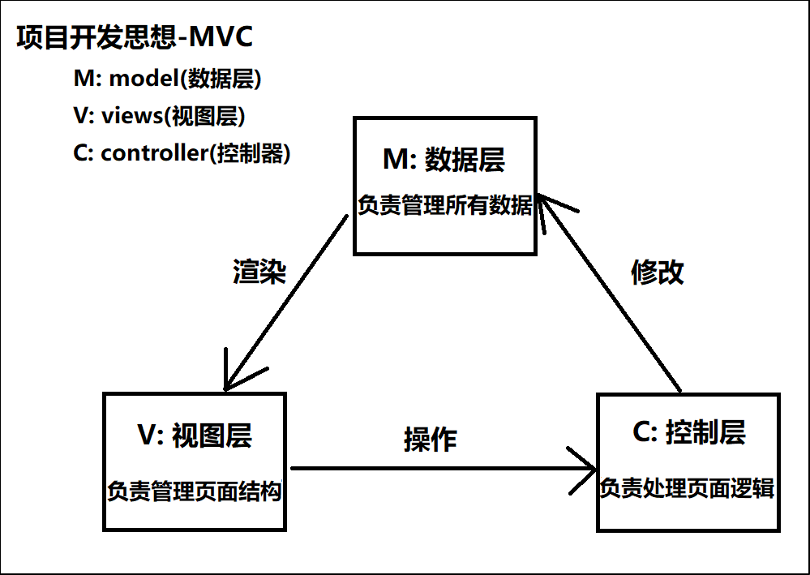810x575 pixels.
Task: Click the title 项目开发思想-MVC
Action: click(x=135, y=38)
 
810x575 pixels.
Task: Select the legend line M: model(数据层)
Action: click(x=168, y=79)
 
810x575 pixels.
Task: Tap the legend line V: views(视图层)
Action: click(x=160, y=116)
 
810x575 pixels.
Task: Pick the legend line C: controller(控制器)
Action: click(x=182, y=153)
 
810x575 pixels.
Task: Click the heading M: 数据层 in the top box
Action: click(x=444, y=160)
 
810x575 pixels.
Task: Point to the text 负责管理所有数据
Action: click(x=445, y=205)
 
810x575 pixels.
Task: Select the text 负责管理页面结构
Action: click(x=195, y=491)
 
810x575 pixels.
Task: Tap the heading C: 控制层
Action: click(x=688, y=433)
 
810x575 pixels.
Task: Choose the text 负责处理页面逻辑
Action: click(x=688, y=488)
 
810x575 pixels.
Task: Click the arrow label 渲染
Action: click(x=259, y=272)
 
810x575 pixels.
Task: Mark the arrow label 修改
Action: click(x=658, y=272)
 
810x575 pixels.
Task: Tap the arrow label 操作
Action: click(x=430, y=439)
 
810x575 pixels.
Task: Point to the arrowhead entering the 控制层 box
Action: click(x=588, y=468)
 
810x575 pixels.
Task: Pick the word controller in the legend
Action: click(x=152, y=153)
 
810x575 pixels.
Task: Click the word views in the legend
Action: click(x=132, y=116)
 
